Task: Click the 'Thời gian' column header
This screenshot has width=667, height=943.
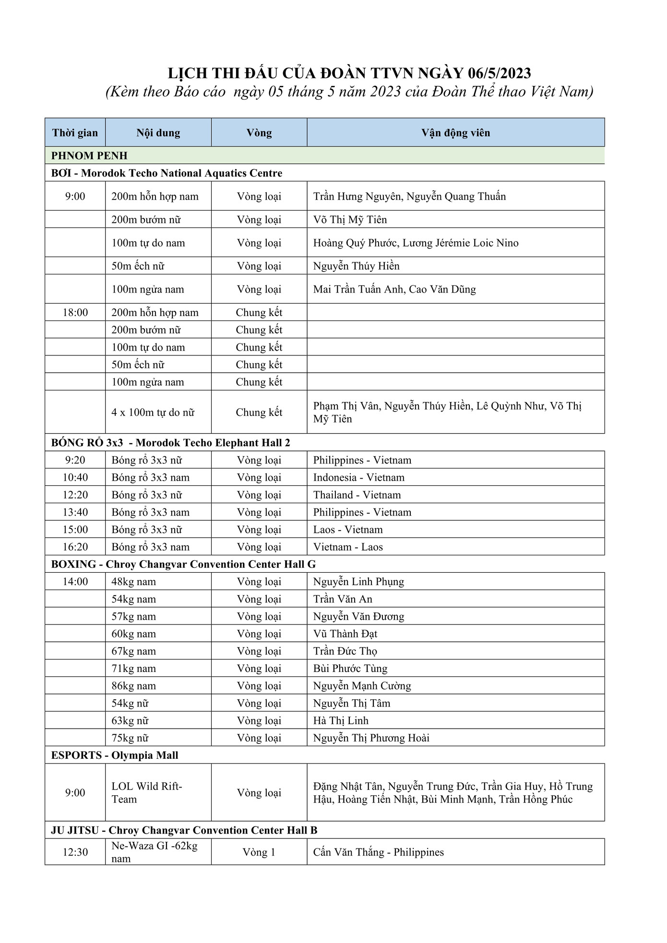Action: coord(75,133)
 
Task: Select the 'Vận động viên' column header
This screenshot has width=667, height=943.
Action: coord(455,133)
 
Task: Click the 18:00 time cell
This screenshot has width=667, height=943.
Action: coord(75,313)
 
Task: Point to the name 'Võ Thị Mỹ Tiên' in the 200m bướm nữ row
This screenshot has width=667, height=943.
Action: coord(350,220)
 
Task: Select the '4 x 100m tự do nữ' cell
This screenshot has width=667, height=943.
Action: coord(153,413)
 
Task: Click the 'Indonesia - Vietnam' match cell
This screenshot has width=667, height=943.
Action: coord(358,478)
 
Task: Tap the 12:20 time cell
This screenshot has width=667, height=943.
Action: coord(75,495)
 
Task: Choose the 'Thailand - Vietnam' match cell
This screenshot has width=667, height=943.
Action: coord(357,495)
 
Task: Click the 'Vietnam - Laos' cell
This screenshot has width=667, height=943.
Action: coord(348,547)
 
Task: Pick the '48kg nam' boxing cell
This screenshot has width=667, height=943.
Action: coord(133,582)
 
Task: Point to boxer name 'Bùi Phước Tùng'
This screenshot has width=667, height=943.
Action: coord(350,669)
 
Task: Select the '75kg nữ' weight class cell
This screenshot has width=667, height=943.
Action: coord(130,738)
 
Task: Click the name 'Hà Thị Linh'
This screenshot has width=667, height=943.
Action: coord(341,721)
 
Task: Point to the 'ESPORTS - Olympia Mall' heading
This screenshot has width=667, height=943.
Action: coord(115,755)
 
